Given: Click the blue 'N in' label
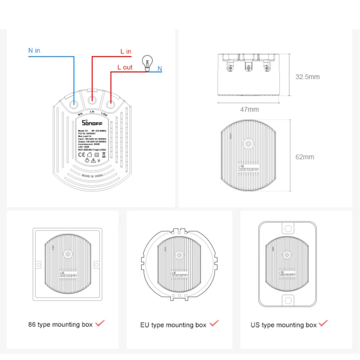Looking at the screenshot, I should (34, 50).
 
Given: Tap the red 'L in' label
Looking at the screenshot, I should (126, 52).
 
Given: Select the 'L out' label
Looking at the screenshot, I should (125, 67).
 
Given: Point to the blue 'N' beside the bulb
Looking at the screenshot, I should (159, 69).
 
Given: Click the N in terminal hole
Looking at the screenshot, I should (74, 103).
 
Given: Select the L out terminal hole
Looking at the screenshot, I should (110, 103).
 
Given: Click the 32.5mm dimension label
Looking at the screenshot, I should (307, 77).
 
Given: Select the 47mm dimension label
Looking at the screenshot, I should (249, 109).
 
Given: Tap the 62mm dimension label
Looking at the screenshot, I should (305, 157).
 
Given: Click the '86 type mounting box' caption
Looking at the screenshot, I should (60, 324).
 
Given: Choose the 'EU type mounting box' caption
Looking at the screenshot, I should (173, 325).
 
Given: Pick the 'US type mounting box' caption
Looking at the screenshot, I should (283, 325).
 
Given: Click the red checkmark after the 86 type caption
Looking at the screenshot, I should (100, 323).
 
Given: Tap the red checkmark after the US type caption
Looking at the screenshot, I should (323, 323).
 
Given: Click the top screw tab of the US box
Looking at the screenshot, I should (287, 228).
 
